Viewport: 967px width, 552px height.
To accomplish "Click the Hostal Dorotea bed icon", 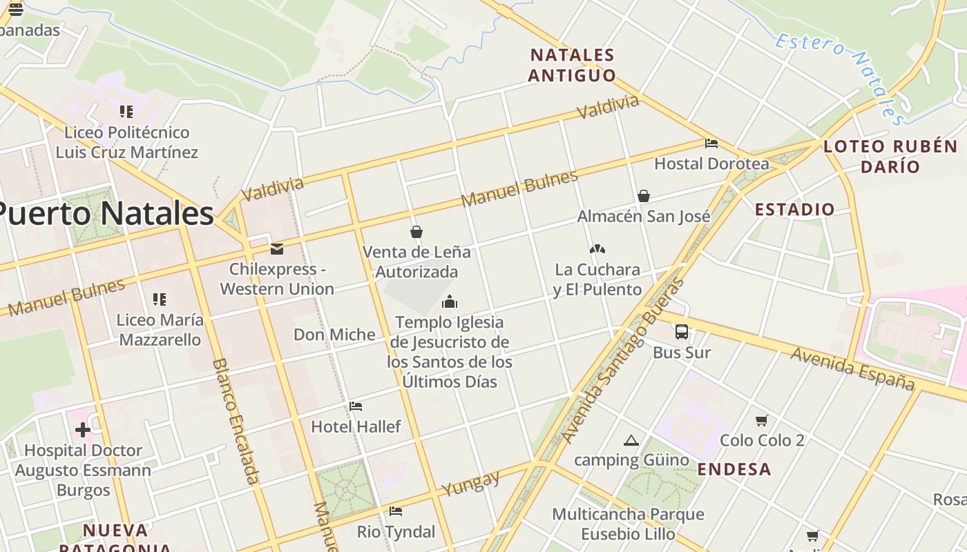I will click(x=711, y=144).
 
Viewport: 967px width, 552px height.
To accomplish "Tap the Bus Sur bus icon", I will click(x=682, y=332).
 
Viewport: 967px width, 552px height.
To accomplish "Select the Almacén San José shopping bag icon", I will click(x=644, y=196).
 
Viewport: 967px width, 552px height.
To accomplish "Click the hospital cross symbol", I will click(x=83, y=431).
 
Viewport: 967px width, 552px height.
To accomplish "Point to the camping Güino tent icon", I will click(x=631, y=441).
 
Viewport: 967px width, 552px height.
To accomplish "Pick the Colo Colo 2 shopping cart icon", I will click(x=762, y=420).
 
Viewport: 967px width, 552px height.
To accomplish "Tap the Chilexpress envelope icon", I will click(x=277, y=248).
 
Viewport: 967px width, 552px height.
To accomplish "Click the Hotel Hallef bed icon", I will click(x=356, y=406).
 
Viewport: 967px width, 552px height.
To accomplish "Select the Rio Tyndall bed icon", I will click(x=396, y=511).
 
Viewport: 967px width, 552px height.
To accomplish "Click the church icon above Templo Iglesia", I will click(x=450, y=302).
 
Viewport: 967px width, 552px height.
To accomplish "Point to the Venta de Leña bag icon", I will click(x=417, y=232).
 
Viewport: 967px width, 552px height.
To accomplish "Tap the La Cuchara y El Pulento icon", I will click(x=597, y=249).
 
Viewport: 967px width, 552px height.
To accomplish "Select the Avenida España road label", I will click(x=852, y=368).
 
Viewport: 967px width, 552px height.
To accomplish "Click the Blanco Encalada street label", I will click(x=236, y=420).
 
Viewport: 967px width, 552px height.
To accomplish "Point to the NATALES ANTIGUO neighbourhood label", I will click(x=572, y=65).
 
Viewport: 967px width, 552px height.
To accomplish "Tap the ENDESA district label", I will click(x=734, y=469).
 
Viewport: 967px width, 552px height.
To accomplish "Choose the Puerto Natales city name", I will click(x=104, y=213).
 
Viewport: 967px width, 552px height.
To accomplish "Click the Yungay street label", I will click(x=471, y=483).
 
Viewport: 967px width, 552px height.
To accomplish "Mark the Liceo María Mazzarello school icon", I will click(x=160, y=299).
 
